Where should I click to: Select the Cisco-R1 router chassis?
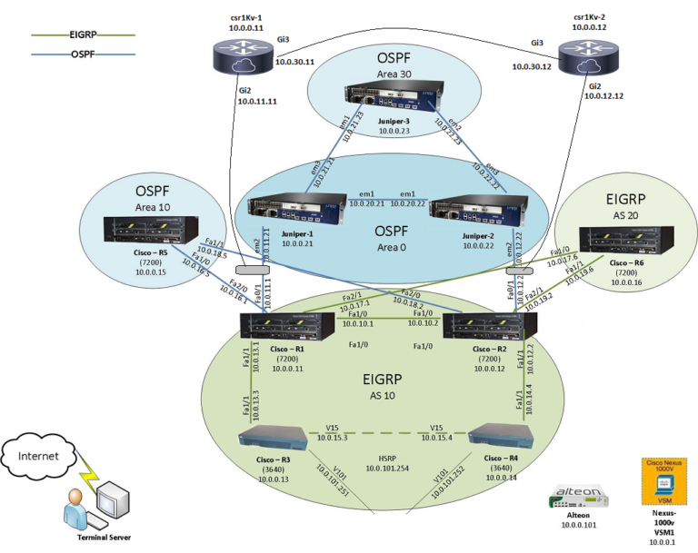[276, 325]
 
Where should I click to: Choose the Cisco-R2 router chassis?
[492, 325]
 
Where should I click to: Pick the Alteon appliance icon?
[578, 496]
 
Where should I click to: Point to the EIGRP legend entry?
[81, 35]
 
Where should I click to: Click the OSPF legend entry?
[81, 54]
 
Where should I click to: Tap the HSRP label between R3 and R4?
[390, 456]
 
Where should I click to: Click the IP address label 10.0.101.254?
[390, 468]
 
